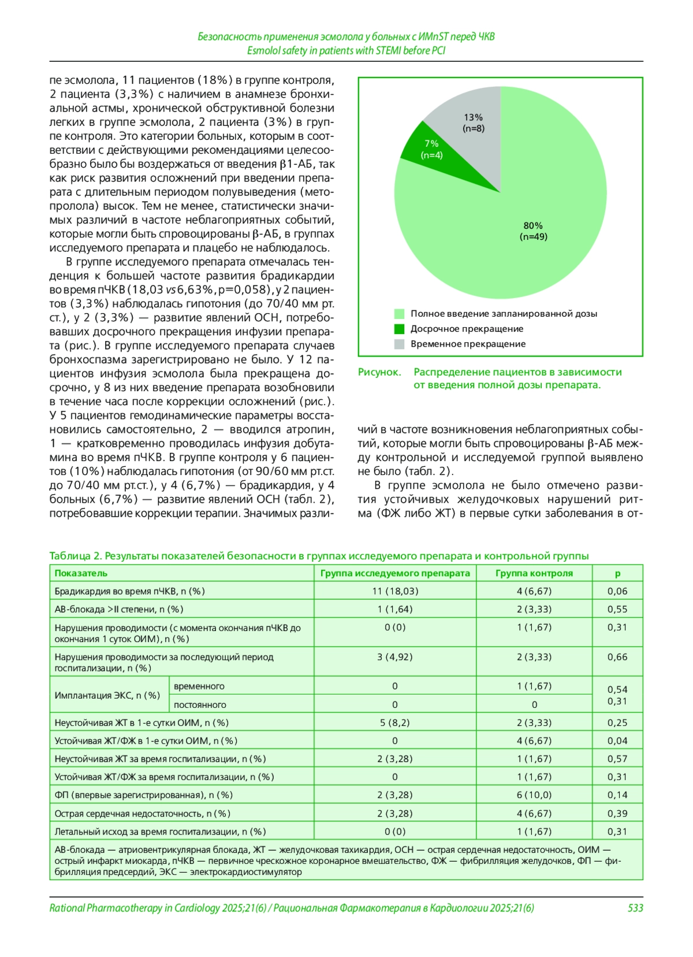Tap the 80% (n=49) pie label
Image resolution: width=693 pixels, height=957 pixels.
(x=533, y=231)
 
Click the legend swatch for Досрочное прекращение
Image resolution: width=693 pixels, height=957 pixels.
(x=399, y=329)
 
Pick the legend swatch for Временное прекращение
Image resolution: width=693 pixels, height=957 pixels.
(x=399, y=344)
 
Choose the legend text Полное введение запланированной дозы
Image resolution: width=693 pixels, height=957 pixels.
(x=504, y=314)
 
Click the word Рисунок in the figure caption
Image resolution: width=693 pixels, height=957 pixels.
(x=379, y=372)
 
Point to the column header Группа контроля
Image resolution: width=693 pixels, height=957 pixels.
(x=534, y=573)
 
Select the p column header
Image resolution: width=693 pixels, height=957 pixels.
(x=617, y=573)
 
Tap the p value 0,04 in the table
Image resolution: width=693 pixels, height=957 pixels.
(x=617, y=741)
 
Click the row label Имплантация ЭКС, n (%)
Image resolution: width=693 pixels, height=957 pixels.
(x=107, y=695)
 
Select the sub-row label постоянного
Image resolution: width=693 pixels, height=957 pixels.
(x=200, y=705)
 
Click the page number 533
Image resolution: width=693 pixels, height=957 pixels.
(x=635, y=908)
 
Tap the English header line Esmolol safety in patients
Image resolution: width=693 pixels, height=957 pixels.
(x=346, y=51)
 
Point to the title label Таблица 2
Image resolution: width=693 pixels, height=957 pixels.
(x=74, y=556)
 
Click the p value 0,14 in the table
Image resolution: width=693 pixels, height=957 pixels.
(x=617, y=795)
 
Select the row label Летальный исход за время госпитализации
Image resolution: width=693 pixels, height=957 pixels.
(x=160, y=832)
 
